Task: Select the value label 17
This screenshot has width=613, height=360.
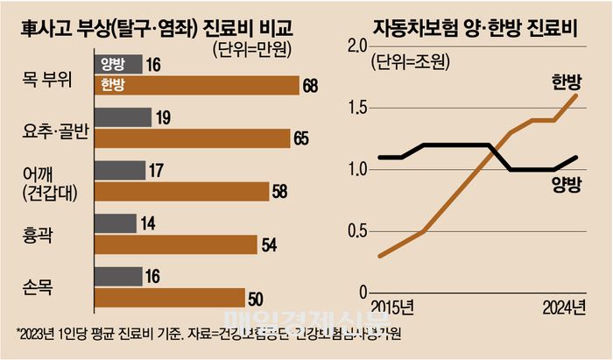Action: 156,169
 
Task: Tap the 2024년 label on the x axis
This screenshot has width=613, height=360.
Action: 560,307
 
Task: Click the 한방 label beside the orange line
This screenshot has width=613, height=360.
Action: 566,82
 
